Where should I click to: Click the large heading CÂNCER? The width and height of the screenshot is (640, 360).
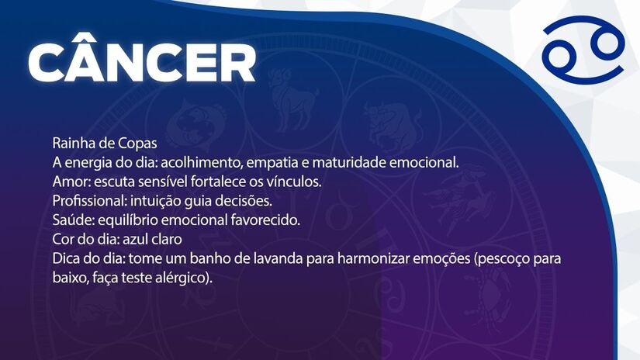(141, 61)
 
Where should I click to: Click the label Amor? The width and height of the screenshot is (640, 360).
(70, 182)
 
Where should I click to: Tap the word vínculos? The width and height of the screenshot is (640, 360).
(294, 182)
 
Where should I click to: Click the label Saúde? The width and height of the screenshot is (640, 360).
(72, 220)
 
